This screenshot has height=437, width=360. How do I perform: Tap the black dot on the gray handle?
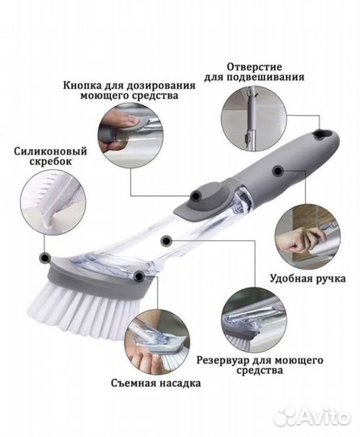[277, 170]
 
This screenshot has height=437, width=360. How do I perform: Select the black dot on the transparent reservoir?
[166, 240]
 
